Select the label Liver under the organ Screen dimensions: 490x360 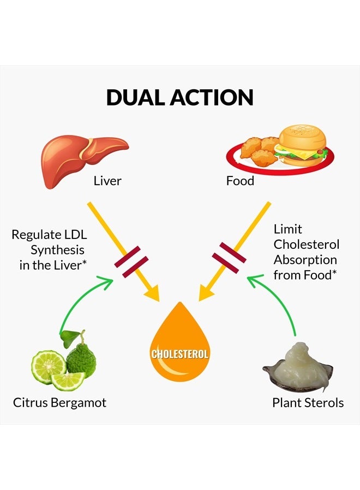(x=107, y=181)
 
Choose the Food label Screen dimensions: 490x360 (x=240, y=181)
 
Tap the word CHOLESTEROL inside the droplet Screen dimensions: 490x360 (x=179, y=354)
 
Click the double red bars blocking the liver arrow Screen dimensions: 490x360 (x=131, y=261)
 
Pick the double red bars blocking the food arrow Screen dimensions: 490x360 (x=229, y=255)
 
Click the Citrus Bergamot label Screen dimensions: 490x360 (x=59, y=403)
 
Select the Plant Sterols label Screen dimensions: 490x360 (x=308, y=403)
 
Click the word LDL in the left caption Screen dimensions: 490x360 (x=75, y=235)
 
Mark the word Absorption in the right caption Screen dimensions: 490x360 (x=305, y=260)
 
